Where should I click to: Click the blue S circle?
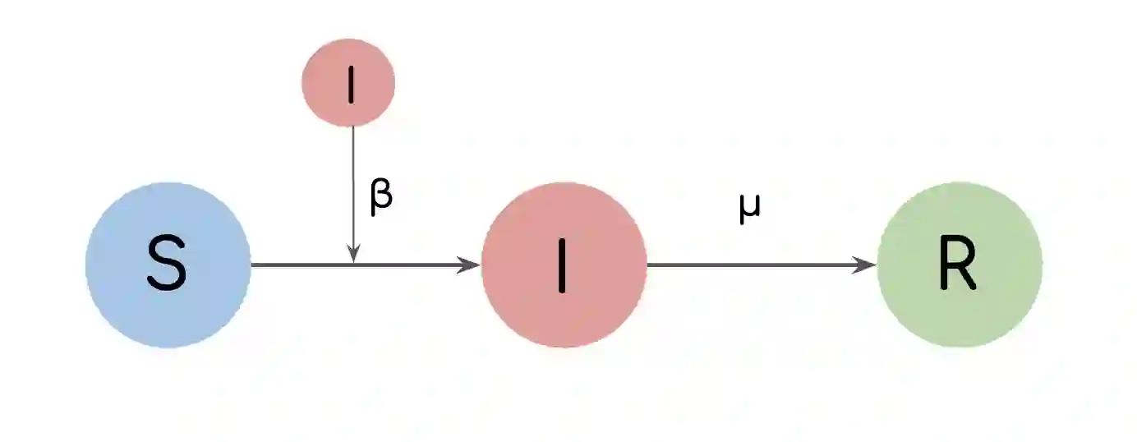168,265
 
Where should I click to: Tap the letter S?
167,265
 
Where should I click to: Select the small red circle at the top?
348,82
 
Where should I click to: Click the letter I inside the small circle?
351,84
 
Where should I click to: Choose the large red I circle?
564,265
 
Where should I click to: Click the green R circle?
960,265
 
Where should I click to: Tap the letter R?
958,266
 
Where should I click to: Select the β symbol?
381,197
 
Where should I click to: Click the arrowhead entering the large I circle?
470,265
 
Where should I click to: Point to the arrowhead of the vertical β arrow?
352,256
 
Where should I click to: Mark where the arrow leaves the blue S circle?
252,265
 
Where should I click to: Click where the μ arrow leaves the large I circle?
648,265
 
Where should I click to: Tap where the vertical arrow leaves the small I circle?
352,128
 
